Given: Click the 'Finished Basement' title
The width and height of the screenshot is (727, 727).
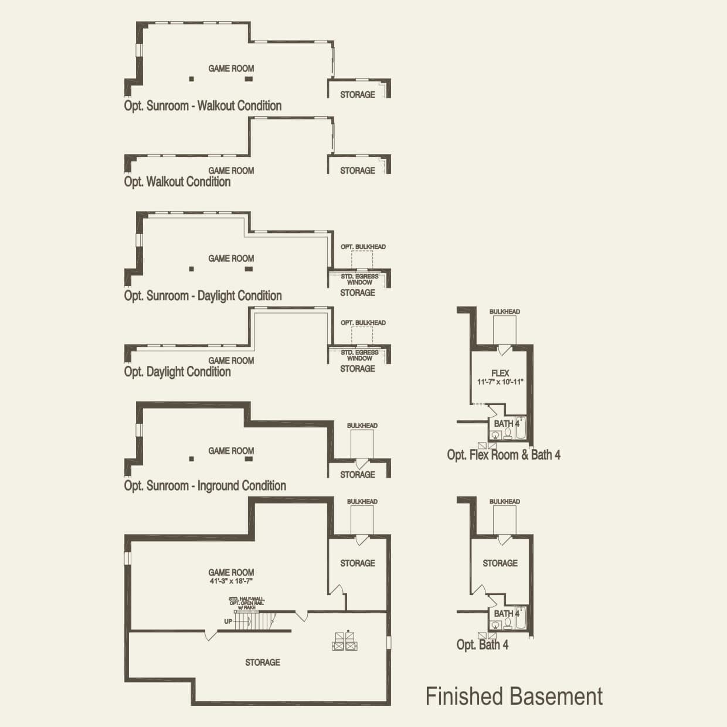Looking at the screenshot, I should (514, 697).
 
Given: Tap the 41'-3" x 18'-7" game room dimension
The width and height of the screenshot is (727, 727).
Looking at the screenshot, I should (231, 581).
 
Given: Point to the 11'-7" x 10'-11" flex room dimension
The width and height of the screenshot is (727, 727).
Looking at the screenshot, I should (500, 382).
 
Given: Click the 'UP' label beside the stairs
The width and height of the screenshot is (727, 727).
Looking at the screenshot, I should (227, 621).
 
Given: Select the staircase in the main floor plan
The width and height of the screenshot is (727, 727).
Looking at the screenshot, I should (254, 620).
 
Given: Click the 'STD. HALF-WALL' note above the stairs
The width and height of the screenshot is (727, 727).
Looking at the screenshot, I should (242, 599).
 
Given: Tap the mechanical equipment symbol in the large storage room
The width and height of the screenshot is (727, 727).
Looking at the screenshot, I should (345, 641).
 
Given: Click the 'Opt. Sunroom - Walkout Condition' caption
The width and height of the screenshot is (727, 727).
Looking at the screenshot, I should (203, 106).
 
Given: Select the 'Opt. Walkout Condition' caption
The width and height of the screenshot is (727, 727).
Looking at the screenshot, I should (177, 182).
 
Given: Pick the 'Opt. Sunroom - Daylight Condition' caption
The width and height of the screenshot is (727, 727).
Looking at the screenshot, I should (203, 296).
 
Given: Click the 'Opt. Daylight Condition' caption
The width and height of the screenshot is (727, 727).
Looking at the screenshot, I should (177, 372).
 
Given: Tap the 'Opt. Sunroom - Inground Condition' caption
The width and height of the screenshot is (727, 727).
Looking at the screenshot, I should (205, 486).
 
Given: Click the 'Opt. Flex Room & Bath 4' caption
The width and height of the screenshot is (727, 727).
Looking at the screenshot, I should (504, 455).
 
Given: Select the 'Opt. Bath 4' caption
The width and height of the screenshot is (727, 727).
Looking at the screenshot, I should (483, 645).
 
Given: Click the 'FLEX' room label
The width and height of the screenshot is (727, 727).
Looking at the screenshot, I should (500, 373).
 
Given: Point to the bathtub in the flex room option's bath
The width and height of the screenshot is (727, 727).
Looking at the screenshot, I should (521, 429).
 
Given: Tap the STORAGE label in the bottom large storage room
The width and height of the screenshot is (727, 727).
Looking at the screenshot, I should (262, 663).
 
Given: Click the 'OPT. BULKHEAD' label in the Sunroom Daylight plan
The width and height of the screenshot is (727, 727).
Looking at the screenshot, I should (363, 247).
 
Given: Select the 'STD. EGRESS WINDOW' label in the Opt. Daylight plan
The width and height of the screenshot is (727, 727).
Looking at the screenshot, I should (359, 355).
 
